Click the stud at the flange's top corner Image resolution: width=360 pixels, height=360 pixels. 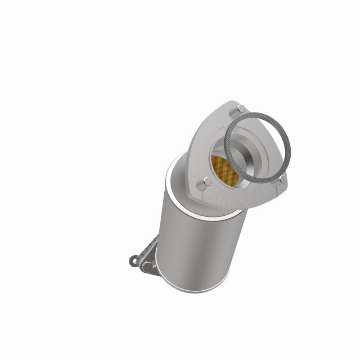tap(241, 108)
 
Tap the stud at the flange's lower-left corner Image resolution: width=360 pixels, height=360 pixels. tap(207, 182)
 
